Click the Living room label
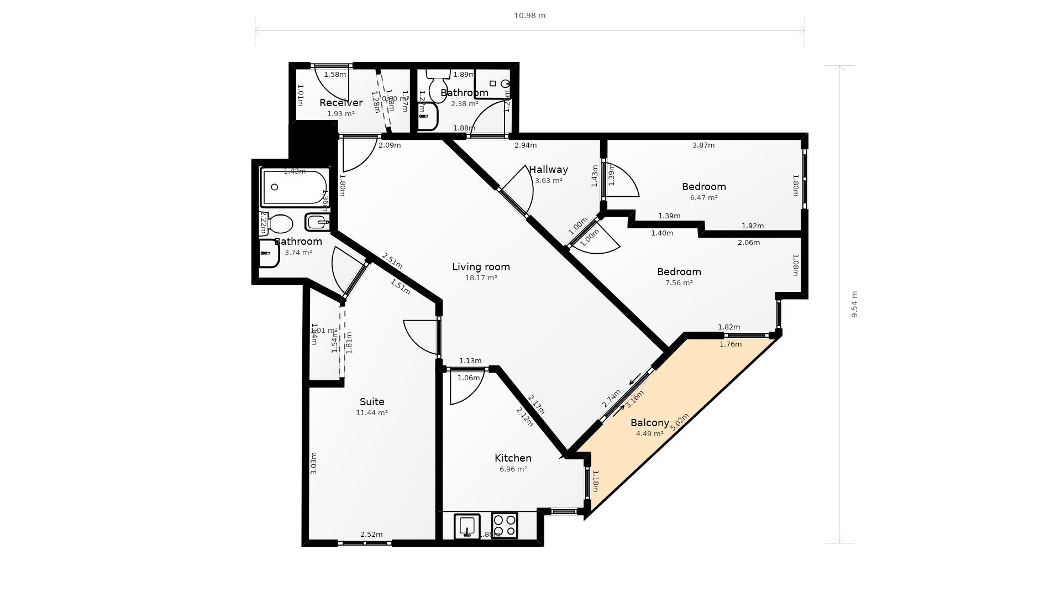pos(481,267)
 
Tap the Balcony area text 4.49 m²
pos(649,434)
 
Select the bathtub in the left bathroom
pos(294,188)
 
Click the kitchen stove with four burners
pos(504,525)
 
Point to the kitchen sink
pos(467,526)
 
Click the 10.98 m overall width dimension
pos(529,15)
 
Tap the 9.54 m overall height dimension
pos(854,304)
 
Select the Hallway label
pos(548,170)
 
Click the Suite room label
pos(372,402)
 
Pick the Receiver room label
pos(341,103)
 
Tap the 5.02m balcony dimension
pos(679,422)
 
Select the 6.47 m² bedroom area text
pos(703,198)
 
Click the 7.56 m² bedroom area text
pos(679,283)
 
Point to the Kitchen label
pos(513,458)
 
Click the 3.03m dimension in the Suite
pos(313,463)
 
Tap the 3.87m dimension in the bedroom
pos(703,145)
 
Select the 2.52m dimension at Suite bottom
pos(371,535)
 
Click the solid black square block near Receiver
pos(313,140)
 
